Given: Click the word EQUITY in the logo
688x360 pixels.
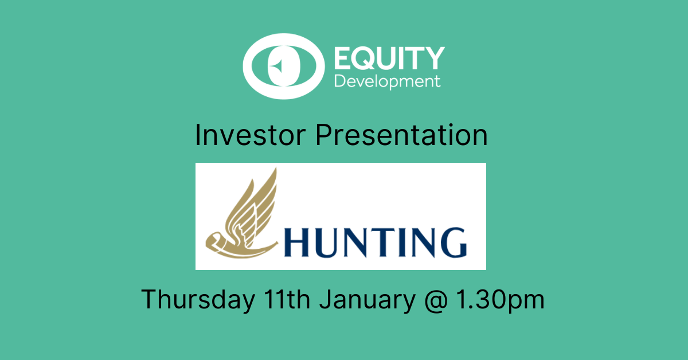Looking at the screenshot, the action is point(389,58).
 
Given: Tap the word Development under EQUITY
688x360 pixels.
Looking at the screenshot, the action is point(388,82).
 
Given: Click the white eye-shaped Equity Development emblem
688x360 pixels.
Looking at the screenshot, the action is point(283,66).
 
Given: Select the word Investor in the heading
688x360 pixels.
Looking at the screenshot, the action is point(250,135).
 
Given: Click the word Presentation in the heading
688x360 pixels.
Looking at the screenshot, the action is point(401,135).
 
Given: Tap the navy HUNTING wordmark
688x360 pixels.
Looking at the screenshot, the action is point(376,242).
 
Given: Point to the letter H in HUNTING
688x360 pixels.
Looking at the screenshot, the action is point(296,242).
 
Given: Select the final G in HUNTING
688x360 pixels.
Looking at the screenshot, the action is point(454,242).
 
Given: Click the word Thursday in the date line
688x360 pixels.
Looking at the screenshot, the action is point(198,299).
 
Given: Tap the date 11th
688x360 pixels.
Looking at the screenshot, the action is point(287,299).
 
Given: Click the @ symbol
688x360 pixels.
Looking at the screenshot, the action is point(436,300).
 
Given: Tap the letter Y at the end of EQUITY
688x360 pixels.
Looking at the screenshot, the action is point(433,58).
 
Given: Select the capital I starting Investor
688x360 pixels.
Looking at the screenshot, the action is point(197,135).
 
